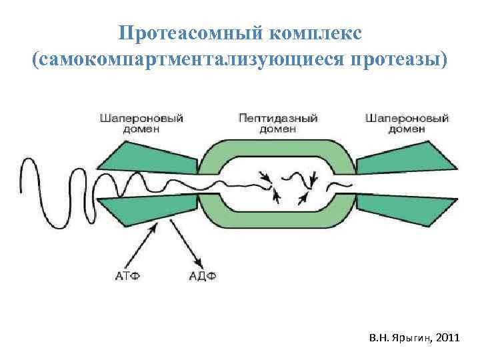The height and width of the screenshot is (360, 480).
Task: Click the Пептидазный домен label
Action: pos(277,123)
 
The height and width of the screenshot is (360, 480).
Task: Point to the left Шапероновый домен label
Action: pos(141,123)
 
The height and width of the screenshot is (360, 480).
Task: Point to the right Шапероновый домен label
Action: pos(407,123)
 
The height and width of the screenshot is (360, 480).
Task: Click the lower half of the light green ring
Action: pos(277,221)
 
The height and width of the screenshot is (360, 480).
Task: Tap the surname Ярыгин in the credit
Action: pos(413,339)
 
